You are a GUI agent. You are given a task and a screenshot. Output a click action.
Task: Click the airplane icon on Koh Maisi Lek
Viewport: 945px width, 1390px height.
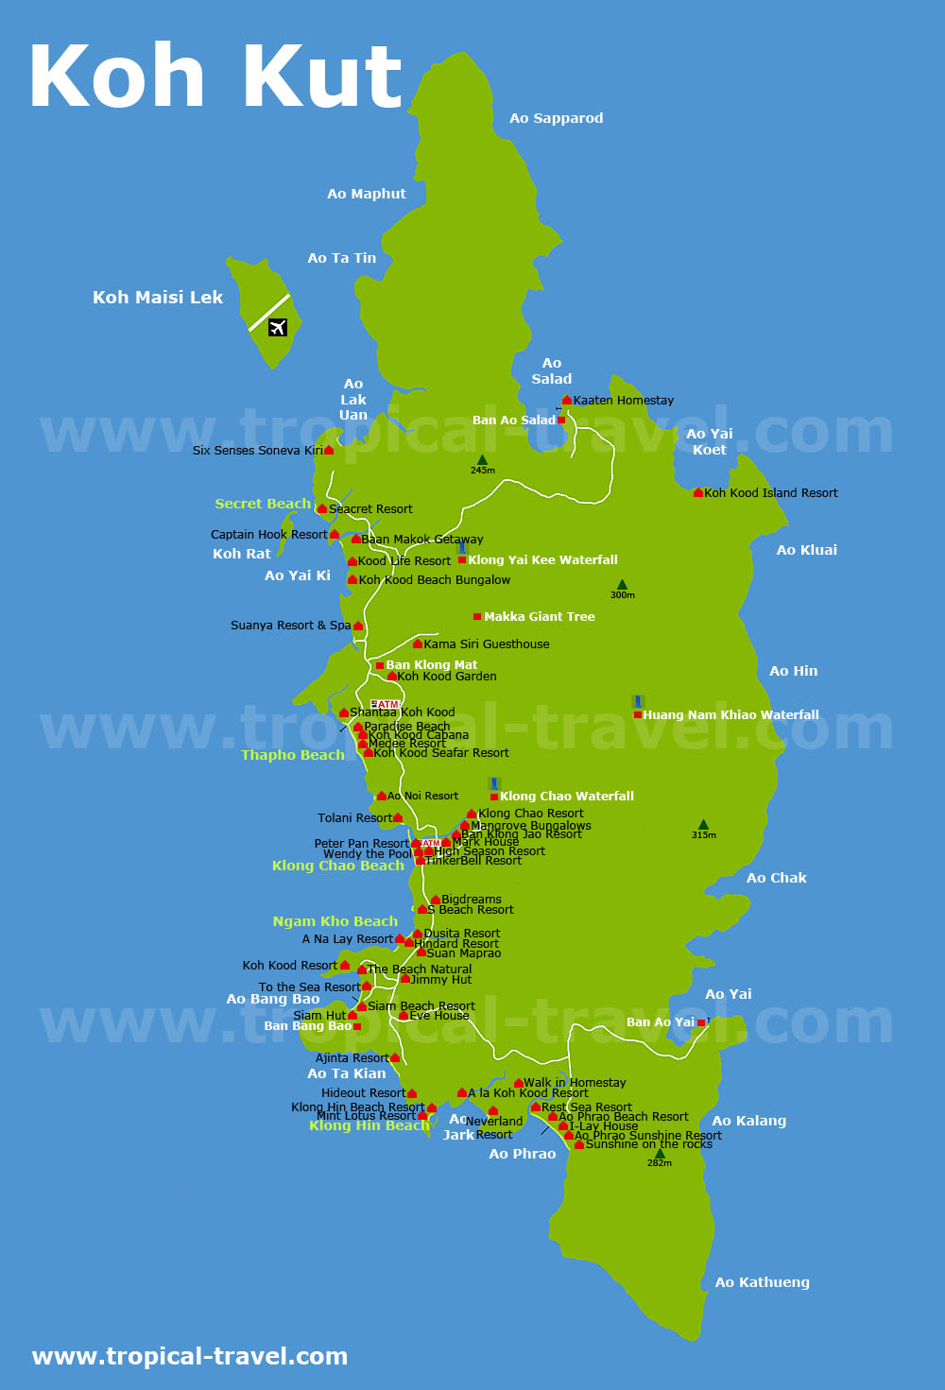(277, 327)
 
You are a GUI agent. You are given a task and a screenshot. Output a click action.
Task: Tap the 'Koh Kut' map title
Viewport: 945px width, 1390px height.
(216, 77)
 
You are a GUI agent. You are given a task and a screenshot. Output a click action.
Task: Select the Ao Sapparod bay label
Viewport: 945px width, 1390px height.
(556, 118)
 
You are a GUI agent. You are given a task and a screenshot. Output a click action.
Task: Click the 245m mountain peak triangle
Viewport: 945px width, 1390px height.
(482, 460)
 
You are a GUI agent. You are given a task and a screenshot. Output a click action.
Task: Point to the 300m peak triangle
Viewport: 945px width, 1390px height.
(622, 585)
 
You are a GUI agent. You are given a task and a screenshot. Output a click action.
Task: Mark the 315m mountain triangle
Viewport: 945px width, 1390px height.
(703, 825)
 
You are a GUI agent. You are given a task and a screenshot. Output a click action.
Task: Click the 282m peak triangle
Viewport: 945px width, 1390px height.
(660, 1153)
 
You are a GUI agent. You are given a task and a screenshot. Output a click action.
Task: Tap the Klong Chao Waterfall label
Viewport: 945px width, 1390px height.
(566, 797)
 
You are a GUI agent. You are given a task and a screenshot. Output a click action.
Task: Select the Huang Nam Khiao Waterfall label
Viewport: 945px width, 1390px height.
(730, 715)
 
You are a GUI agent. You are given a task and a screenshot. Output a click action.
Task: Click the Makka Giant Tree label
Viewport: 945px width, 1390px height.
(539, 617)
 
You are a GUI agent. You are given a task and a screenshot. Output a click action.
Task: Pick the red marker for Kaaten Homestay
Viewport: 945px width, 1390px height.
(567, 401)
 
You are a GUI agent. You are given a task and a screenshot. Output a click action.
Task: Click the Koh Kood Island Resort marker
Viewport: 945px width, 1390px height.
(698, 492)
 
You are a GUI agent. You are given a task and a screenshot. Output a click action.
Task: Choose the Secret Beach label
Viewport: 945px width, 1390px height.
(263, 504)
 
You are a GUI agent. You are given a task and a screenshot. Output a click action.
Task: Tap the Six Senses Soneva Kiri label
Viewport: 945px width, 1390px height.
(257, 451)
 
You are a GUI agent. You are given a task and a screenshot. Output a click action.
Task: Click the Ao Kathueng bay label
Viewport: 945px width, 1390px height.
(762, 1282)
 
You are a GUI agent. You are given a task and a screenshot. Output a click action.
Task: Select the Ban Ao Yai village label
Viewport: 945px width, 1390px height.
(660, 1022)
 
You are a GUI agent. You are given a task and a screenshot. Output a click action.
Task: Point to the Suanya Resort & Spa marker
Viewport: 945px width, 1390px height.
(358, 626)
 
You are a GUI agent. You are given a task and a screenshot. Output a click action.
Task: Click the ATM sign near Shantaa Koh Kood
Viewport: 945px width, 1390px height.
(385, 704)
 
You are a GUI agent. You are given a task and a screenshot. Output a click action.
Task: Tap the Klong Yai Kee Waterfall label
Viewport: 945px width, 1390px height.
(542, 560)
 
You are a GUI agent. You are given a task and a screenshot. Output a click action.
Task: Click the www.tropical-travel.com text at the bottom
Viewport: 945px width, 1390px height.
(190, 1357)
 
